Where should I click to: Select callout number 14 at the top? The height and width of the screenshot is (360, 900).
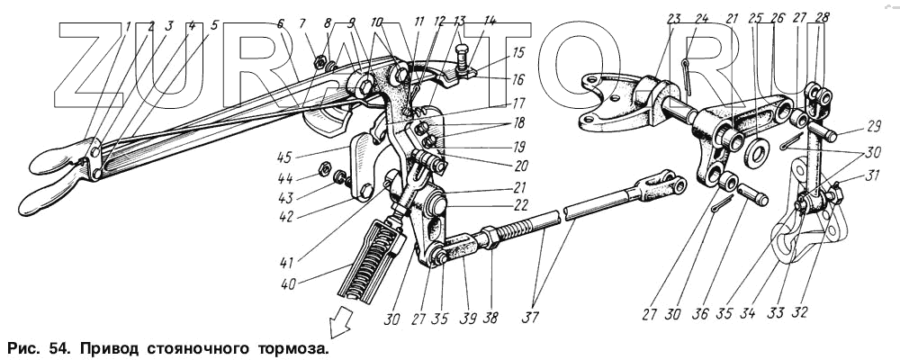point(490,21)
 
